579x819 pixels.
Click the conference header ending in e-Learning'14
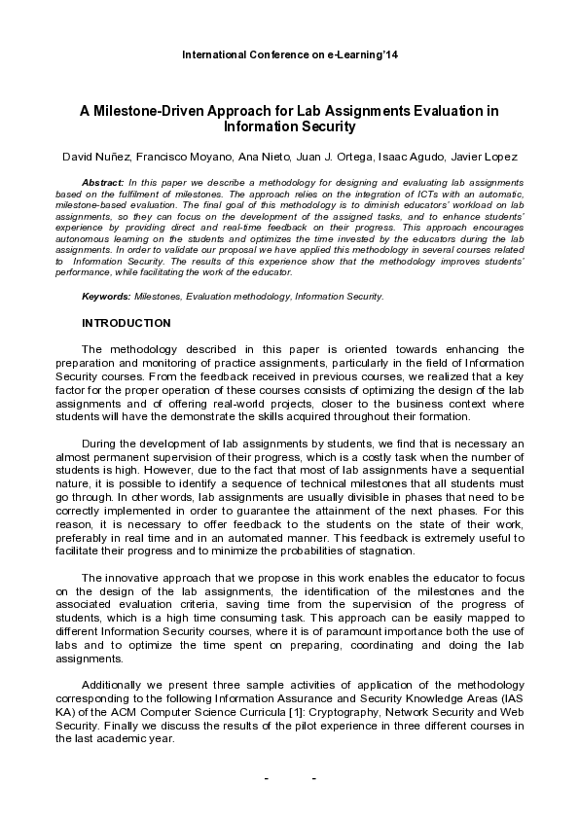click(x=290, y=54)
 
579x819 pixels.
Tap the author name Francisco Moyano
click(x=182, y=158)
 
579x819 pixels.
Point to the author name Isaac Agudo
click(x=409, y=158)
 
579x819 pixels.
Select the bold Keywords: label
click(x=107, y=296)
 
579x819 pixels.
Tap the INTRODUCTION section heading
click(x=127, y=323)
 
